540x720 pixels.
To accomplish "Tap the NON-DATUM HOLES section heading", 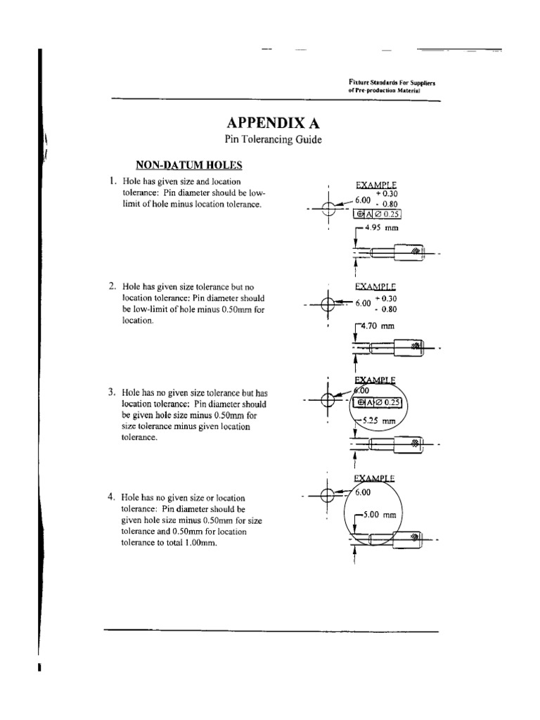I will (x=188, y=165).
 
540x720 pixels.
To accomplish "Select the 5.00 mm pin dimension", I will (x=381, y=515).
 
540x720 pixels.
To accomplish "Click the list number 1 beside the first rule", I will (x=112, y=181).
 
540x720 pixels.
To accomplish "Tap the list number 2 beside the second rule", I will (x=112, y=286).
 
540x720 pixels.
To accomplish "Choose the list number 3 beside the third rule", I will (x=112, y=392).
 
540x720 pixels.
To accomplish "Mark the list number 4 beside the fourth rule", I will (x=112, y=497).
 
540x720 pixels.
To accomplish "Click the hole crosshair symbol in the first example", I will (x=328, y=208).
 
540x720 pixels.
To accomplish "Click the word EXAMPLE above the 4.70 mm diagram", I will (x=375, y=286).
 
